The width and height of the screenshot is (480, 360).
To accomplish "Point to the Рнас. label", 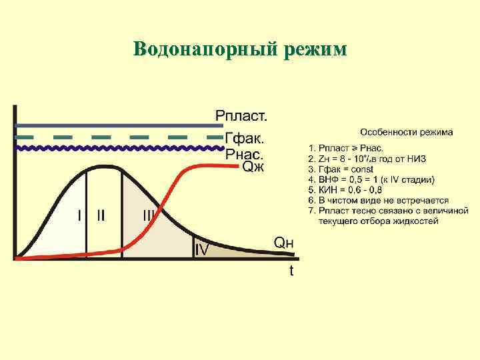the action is click(x=245, y=154).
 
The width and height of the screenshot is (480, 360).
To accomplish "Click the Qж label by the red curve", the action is click(x=253, y=167).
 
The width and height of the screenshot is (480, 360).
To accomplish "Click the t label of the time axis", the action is click(x=291, y=271).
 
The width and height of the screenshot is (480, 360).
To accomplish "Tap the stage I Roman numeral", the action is click(x=79, y=215).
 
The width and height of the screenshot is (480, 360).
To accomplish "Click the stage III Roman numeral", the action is click(x=149, y=215).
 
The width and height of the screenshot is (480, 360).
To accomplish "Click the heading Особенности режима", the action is click(x=407, y=132).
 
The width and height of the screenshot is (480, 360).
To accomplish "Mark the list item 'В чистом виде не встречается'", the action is click(x=378, y=200).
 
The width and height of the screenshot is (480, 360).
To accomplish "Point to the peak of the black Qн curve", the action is click(x=103, y=166).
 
